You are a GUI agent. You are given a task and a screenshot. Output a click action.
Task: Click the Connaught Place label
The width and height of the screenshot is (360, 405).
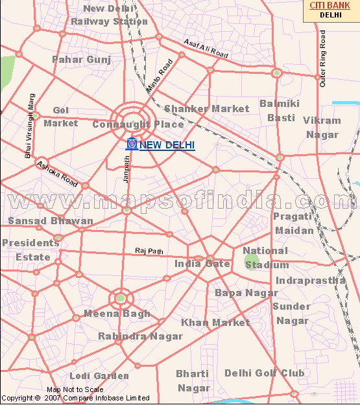point(138,124)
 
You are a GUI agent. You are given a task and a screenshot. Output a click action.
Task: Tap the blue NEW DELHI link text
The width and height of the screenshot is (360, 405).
point(167,145)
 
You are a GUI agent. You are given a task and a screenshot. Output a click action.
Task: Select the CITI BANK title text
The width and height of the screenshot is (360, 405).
point(331,5)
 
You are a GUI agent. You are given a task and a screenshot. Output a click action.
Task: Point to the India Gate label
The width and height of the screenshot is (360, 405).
point(202,264)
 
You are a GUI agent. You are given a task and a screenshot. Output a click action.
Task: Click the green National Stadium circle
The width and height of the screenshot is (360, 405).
point(251,262)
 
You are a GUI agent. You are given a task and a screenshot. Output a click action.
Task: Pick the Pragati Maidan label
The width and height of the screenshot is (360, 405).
point(293,223)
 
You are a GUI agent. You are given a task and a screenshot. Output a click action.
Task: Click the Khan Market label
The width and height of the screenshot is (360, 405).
point(215,322)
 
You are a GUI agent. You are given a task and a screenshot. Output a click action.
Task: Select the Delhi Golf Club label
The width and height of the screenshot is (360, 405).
point(264,373)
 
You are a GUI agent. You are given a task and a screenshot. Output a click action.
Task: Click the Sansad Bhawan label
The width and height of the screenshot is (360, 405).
point(50,221)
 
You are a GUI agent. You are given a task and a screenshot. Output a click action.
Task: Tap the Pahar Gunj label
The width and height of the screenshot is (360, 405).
point(81,60)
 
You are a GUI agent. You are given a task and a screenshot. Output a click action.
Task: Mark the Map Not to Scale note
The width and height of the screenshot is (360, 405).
point(80,389)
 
